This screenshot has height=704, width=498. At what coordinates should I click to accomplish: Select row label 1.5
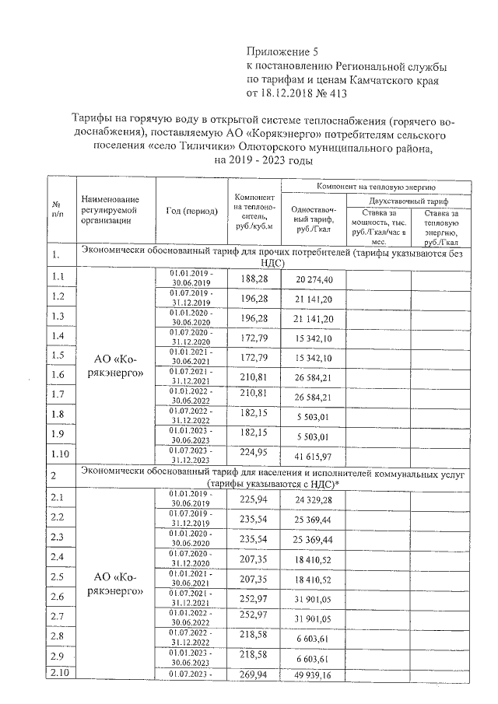57,356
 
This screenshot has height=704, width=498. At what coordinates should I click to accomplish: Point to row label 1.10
59,454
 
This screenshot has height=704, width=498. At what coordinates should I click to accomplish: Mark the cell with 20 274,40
314,279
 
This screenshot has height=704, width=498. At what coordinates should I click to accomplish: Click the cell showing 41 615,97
314,457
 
